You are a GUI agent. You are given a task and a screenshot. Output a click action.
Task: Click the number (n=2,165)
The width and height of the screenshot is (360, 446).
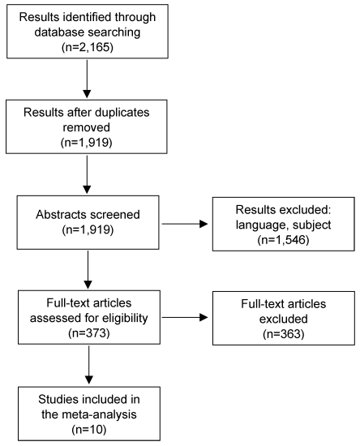(x=88, y=47)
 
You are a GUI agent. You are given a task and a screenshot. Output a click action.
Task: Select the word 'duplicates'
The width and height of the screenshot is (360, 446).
(x=122, y=113)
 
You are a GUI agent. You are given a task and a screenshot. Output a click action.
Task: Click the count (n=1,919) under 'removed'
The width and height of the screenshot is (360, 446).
(x=87, y=142)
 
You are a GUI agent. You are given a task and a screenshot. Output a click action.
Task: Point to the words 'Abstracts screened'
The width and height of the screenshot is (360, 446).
(x=88, y=215)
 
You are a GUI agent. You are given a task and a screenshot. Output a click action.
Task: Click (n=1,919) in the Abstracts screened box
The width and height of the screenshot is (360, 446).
(x=88, y=229)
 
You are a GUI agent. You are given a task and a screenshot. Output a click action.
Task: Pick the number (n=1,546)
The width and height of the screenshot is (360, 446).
(x=283, y=240)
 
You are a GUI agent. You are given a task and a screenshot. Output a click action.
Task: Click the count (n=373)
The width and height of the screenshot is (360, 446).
(x=89, y=332)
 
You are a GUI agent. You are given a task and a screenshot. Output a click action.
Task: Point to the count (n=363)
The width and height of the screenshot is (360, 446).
(x=284, y=333)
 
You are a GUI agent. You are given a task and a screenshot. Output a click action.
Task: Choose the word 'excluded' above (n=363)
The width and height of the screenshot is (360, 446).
(x=284, y=319)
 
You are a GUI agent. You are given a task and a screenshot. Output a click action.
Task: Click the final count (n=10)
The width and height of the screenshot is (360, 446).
(x=89, y=429)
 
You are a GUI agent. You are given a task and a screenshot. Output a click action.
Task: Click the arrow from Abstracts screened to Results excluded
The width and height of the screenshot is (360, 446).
(x=185, y=224)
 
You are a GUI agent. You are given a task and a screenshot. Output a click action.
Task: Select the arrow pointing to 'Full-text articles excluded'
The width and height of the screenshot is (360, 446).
(x=185, y=317)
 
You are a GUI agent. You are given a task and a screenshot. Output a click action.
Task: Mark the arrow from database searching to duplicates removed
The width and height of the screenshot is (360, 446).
(x=87, y=79)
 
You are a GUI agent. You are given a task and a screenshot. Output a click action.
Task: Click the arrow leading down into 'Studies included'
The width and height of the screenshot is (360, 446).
(x=89, y=365)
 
